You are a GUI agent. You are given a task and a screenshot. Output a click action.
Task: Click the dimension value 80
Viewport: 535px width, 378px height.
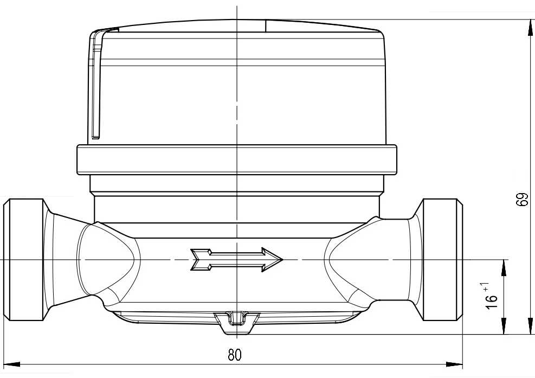(x=234, y=355)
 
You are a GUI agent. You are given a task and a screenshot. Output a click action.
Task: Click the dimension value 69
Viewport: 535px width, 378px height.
(x=522, y=200)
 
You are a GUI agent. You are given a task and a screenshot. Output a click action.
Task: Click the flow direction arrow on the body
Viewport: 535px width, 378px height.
(x=236, y=260)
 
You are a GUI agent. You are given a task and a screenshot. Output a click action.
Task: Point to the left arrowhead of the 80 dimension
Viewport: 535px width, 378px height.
(x=12, y=364)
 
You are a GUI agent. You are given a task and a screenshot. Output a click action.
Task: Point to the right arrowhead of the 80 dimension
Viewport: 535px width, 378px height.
(x=454, y=364)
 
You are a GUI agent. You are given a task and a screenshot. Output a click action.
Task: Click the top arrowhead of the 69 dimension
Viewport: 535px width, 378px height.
(x=531, y=28)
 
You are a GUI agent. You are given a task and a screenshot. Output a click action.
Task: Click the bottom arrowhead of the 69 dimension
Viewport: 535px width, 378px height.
(x=531, y=326)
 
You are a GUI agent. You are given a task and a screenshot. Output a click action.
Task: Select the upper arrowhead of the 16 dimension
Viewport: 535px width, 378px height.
(x=504, y=268)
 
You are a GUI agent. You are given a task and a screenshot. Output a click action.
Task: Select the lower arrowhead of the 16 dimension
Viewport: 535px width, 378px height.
(x=504, y=326)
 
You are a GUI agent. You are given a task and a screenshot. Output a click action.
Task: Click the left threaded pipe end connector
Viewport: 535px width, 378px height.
(x=23, y=260)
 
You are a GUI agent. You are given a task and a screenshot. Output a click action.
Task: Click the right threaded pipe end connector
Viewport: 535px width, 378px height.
(x=443, y=260)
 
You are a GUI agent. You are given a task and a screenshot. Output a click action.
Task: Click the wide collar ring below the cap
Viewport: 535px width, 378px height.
(x=237, y=160)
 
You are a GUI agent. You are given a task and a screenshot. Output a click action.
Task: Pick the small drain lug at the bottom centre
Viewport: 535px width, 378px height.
(x=237, y=322)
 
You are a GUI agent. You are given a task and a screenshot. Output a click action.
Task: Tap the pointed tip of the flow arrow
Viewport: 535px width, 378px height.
(x=283, y=260)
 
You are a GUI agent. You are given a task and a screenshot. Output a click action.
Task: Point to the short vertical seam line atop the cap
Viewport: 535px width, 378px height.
(x=266, y=26)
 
